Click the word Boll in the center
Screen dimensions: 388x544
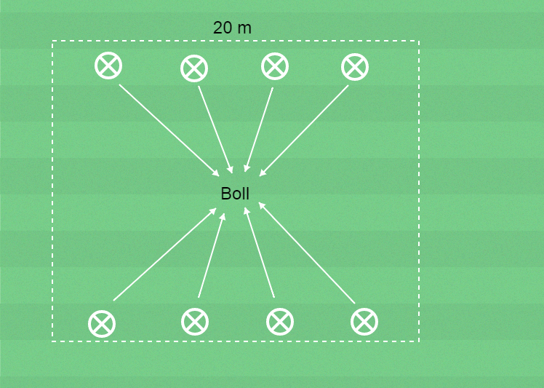(235, 194)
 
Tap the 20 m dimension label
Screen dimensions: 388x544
(232, 28)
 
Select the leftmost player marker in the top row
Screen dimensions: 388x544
(108, 66)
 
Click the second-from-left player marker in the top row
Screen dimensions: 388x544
(194, 68)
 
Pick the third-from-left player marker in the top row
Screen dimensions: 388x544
(275, 66)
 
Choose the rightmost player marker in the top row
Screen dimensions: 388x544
(355, 67)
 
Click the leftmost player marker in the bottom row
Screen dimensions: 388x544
(102, 323)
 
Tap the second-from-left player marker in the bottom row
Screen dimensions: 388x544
(195, 320)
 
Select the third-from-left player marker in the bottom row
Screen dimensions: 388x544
(280, 321)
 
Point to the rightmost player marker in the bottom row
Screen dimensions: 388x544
(364, 321)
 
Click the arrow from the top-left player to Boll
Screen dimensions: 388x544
(169, 130)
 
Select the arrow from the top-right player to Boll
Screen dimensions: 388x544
(304, 130)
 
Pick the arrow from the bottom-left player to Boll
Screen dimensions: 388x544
(165, 254)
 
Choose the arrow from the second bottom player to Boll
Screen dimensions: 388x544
(211, 255)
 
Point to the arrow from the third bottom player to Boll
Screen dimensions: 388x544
(260, 252)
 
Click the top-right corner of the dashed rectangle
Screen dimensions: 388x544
(419, 41)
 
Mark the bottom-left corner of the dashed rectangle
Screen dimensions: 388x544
(52, 340)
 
